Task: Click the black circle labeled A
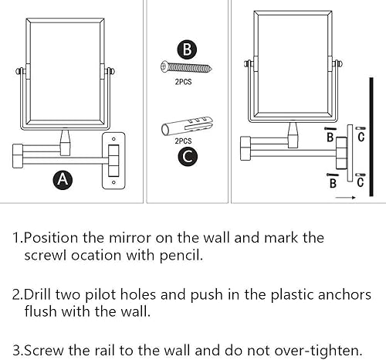[64, 180]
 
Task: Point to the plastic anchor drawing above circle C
[185, 125]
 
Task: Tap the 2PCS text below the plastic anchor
[184, 141]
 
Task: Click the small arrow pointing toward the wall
[347, 197]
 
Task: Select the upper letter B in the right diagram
[330, 138]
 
